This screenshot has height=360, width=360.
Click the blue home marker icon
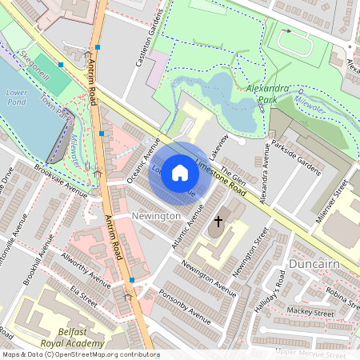(x=180, y=173)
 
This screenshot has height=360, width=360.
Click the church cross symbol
(x=218, y=219)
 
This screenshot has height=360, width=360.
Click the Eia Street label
(x=83, y=295)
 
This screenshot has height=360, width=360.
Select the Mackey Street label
(x=310, y=313)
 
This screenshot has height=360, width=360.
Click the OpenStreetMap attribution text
(x=80, y=354)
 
